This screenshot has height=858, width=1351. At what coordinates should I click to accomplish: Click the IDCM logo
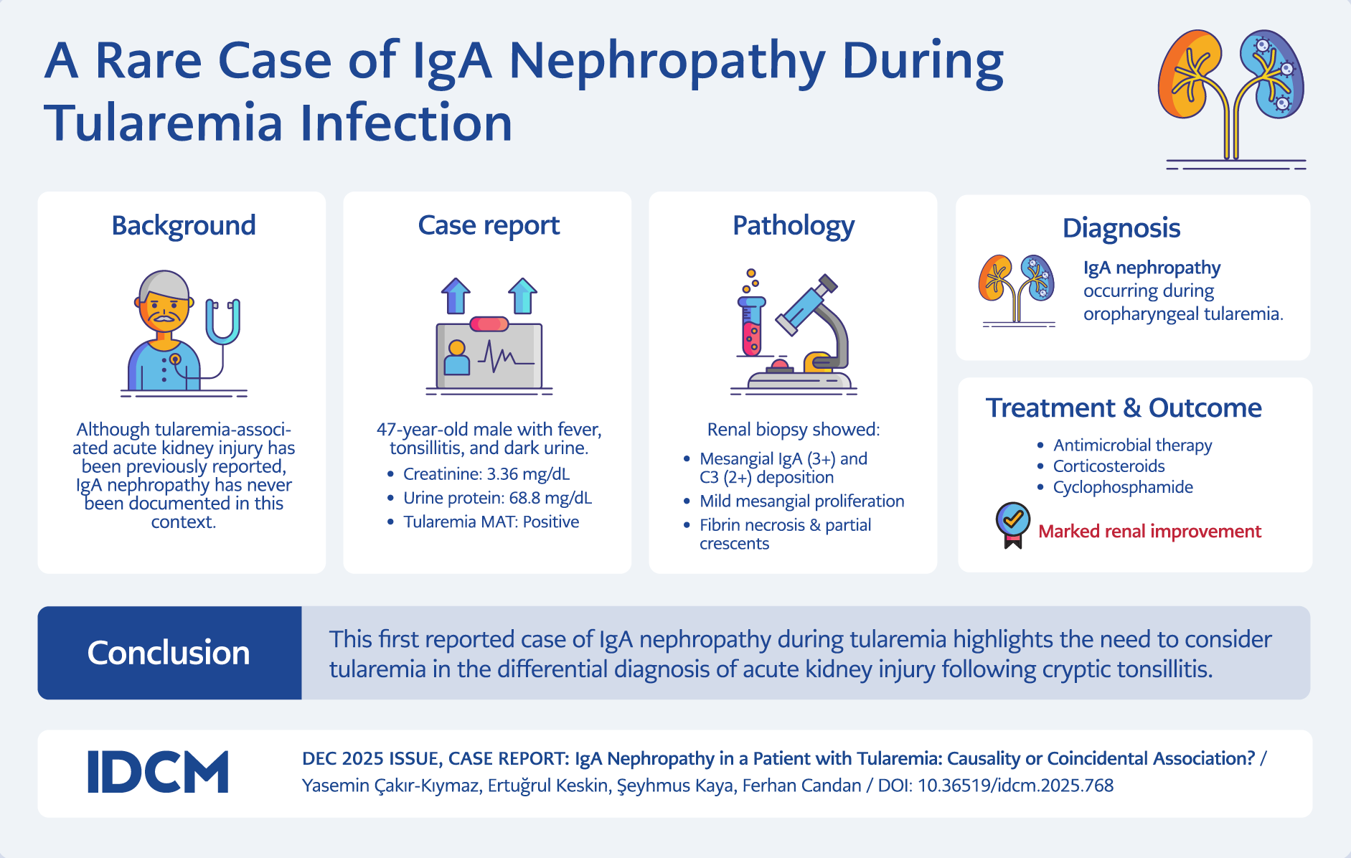point(158,772)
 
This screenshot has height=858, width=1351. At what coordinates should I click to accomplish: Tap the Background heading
point(184,225)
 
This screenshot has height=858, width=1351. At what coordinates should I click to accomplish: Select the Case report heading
point(489,225)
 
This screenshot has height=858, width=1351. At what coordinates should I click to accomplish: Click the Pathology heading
point(793,225)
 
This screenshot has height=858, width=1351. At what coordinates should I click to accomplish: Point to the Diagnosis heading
point(1121,228)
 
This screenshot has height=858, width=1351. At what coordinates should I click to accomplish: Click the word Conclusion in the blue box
point(169,653)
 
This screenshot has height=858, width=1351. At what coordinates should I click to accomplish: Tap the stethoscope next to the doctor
point(222,323)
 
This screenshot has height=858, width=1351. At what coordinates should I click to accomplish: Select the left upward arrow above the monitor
point(456,296)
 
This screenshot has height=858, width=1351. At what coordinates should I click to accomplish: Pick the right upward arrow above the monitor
point(522,296)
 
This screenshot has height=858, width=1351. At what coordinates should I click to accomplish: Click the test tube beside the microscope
point(751,326)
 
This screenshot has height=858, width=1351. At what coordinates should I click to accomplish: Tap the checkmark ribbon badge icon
point(1012,524)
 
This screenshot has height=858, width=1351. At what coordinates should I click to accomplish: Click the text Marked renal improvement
point(1149,532)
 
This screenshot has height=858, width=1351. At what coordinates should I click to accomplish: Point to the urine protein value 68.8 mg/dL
point(550,498)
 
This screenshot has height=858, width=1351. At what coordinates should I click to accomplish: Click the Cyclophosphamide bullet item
point(1123,487)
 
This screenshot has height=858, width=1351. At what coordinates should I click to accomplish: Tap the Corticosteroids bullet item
point(1108,466)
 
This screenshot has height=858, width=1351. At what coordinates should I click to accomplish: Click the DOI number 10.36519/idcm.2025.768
point(1015,786)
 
